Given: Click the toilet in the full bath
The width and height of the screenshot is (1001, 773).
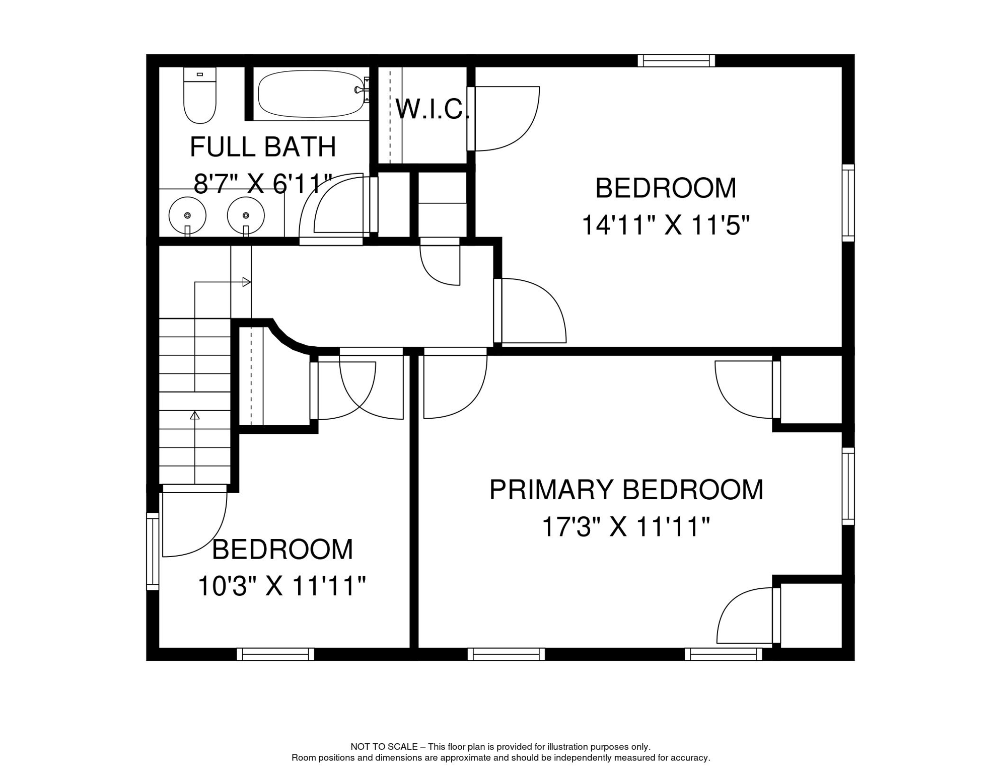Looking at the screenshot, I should point(200,96).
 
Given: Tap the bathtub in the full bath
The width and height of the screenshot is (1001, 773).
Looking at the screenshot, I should point(311,94).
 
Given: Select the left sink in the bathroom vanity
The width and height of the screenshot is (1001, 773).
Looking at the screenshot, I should point(187,215).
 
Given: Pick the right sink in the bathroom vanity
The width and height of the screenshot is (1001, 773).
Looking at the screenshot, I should point(246,215).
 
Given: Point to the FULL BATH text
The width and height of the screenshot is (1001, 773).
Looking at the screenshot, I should point(263,147).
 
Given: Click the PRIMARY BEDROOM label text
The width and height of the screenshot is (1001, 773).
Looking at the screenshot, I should point(626,490).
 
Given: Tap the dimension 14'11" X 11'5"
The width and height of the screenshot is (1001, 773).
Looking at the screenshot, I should point(665,224).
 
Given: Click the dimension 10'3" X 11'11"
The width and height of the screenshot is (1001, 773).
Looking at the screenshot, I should point(281,586).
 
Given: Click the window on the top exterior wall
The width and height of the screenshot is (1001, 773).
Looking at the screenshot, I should point(676,61).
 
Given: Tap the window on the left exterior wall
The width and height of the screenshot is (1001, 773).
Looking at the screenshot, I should point(153,551).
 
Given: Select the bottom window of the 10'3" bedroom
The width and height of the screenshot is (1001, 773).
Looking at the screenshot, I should point(275,654).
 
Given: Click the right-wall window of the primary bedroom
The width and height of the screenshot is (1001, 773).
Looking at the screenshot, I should point(848,486).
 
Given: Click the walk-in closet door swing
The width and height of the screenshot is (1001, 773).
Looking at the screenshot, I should point(504,118).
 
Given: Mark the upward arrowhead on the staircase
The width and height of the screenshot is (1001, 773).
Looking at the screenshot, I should point(195,415).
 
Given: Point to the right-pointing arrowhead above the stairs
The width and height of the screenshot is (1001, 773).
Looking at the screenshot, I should point(247,282).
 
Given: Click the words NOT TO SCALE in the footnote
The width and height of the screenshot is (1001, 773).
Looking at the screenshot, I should point(384,747).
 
